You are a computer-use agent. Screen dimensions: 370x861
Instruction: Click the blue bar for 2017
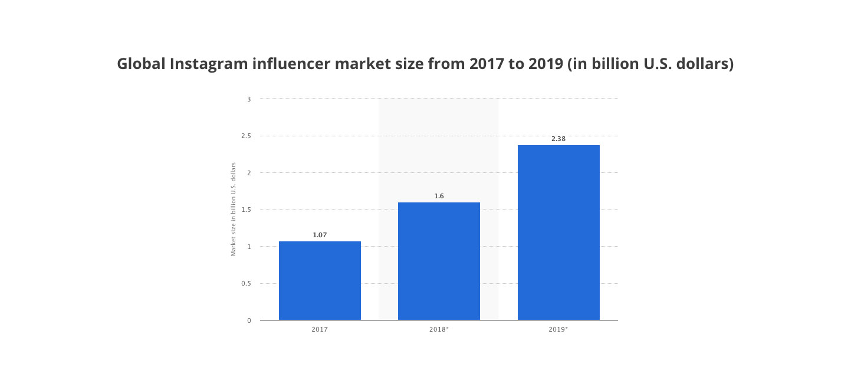(x=320, y=281)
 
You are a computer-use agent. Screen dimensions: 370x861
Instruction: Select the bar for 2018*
(x=439, y=261)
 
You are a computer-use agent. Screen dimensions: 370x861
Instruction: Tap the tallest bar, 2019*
(x=558, y=233)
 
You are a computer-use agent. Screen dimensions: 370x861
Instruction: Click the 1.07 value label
(x=320, y=235)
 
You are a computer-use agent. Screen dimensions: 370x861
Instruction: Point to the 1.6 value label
(x=439, y=195)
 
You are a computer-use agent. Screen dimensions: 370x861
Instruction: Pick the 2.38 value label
(x=558, y=139)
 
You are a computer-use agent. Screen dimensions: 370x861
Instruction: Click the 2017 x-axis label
(x=320, y=329)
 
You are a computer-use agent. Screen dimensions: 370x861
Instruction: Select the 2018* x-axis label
(x=439, y=329)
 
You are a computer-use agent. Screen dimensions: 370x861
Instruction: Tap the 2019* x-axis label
(x=558, y=329)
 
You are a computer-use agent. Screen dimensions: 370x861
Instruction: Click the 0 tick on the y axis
(x=249, y=320)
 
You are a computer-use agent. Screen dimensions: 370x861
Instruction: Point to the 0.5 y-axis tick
(x=247, y=283)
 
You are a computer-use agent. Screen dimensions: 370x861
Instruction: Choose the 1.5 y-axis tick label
(x=247, y=209)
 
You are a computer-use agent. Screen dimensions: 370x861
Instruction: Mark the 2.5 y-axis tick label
(x=247, y=136)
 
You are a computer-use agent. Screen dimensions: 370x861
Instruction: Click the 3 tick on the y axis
(x=249, y=99)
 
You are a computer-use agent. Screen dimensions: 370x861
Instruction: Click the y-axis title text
(x=234, y=208)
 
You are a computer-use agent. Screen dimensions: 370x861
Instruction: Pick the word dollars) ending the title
(x=707, y=64)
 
